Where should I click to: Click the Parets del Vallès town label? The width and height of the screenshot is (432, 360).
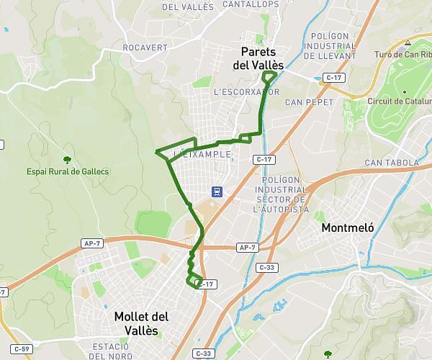(258, 58)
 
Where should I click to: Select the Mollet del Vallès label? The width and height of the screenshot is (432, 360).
(141, 323)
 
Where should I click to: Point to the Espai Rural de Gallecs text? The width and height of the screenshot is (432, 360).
(68, 171)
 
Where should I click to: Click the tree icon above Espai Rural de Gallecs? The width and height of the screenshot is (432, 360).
(68, 159)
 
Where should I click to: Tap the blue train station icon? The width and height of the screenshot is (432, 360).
(215, 191)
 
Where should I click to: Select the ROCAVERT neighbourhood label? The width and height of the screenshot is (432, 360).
(145, 48)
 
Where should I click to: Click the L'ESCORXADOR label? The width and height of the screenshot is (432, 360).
(246, 92)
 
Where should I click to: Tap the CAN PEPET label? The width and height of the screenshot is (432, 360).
(310, 102)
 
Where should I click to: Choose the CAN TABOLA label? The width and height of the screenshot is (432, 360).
(392, 163)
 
